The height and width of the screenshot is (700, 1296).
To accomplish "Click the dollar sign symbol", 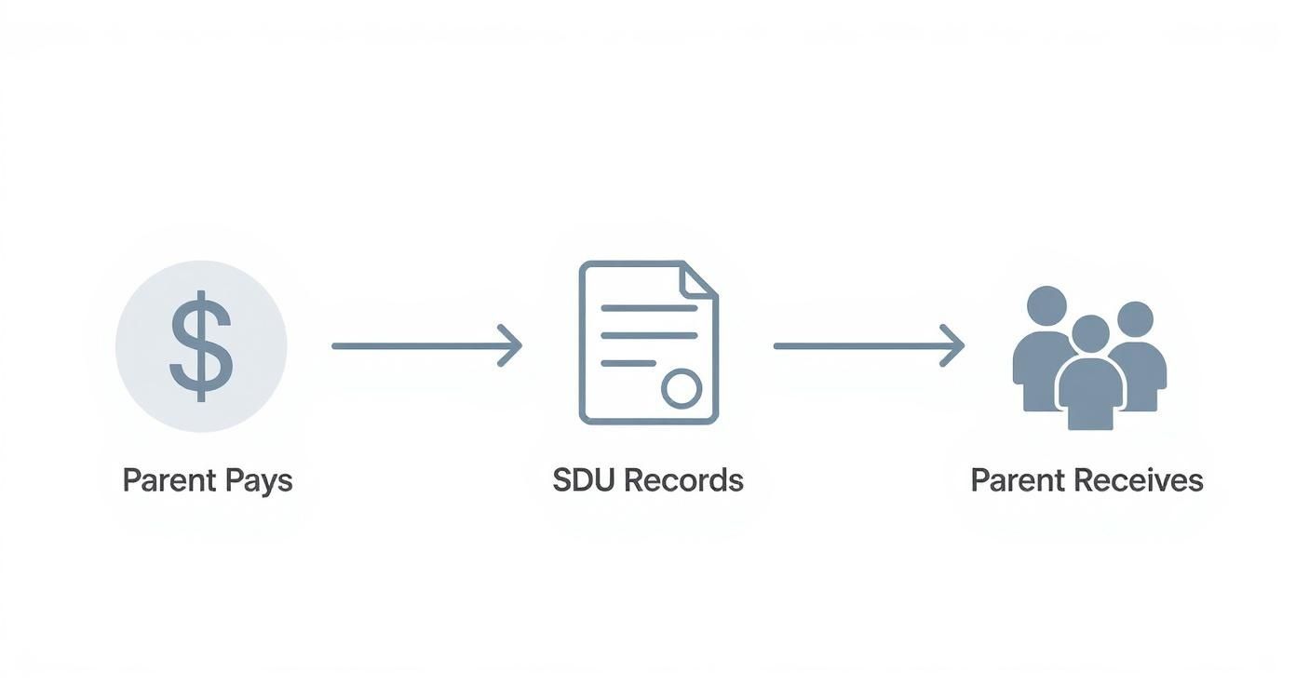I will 200,346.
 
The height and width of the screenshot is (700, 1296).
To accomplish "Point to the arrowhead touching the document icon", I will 510,346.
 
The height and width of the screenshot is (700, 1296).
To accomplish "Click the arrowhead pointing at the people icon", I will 952,346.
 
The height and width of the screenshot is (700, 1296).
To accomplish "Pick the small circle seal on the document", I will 682,388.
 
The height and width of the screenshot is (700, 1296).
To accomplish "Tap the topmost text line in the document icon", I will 649,307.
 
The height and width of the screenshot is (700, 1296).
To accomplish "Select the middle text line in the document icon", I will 649,335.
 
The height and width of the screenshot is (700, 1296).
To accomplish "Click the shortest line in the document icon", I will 628,363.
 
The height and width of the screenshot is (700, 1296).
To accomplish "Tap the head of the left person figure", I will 1046,305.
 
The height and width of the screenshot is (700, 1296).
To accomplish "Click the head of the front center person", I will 1090,332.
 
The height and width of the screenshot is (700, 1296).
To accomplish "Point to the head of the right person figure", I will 1135,318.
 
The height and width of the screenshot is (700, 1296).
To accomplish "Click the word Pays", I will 258,481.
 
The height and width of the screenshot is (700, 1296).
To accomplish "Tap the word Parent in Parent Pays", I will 169,481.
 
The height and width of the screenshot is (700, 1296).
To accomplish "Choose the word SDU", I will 584,480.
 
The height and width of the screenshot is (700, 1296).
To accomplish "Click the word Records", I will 683,480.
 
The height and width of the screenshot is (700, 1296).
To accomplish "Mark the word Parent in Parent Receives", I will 1017,480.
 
